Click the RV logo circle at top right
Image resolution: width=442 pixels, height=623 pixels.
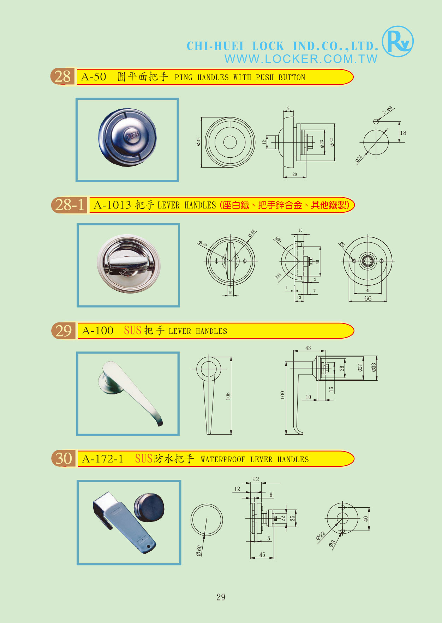(x=398, y=41)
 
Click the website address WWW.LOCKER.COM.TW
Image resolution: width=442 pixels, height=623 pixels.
(x=301, y=59)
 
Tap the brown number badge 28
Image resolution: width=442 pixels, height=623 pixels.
(x=63, y=77)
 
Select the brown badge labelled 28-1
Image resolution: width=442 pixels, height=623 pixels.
(x=70, y=205)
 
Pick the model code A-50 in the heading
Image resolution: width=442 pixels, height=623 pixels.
(x=94, y=77)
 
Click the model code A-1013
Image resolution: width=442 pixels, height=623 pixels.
(x=112, y=205)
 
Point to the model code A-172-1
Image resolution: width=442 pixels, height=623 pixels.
(x=103, y=459)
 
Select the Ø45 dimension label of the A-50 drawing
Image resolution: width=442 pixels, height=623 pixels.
(x=198, y=142)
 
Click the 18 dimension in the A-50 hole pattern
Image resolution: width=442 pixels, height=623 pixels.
(x=403, y=133)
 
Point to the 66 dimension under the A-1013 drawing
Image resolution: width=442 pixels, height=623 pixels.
(x=368, y=298)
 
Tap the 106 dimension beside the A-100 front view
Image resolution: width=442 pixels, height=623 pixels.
(x=228, y=396)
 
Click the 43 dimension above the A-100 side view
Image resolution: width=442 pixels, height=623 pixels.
(x=308, y=348)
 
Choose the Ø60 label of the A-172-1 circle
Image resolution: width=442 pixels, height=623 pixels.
(x=199, y=551)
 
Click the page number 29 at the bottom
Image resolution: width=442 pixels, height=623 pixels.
(x=221, y=597)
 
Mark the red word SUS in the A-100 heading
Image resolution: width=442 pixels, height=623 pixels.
(x=133, y=330)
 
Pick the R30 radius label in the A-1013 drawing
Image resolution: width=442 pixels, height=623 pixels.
(x=279, y=240)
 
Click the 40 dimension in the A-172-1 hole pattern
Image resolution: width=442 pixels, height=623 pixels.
(x=366, y=519)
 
